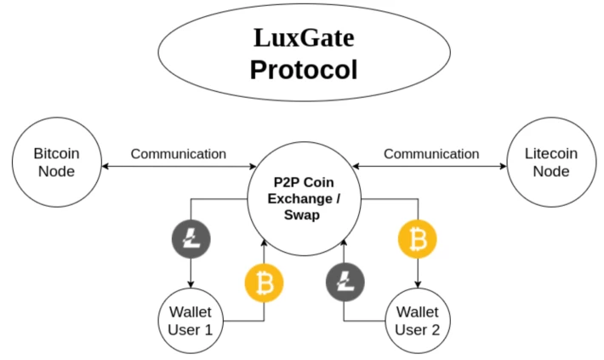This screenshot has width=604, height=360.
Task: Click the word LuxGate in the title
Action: point(304,38)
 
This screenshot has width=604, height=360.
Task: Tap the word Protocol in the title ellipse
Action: point(304,70)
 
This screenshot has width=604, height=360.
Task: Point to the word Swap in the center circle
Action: point(302,215)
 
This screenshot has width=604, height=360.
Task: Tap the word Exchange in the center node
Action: point(299,199)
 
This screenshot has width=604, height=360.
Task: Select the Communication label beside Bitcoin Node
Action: point(179,154)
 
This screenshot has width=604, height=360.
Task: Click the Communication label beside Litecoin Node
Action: point(431,154)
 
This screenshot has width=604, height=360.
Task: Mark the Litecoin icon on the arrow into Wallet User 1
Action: point(191,239)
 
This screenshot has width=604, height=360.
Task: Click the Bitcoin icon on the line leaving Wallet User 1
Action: point(265,283)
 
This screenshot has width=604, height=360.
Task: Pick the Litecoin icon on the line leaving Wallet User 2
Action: point(345,283)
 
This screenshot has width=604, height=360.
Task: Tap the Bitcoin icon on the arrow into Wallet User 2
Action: point(417,239)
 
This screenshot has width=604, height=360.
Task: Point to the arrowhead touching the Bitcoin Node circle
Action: point(105,167)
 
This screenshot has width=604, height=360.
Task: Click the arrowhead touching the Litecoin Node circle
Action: point(503,167)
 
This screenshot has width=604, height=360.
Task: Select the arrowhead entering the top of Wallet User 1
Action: point(191,284)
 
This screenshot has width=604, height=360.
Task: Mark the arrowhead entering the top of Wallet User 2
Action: point(418,284)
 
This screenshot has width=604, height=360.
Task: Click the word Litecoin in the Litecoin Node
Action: point(551,153)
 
